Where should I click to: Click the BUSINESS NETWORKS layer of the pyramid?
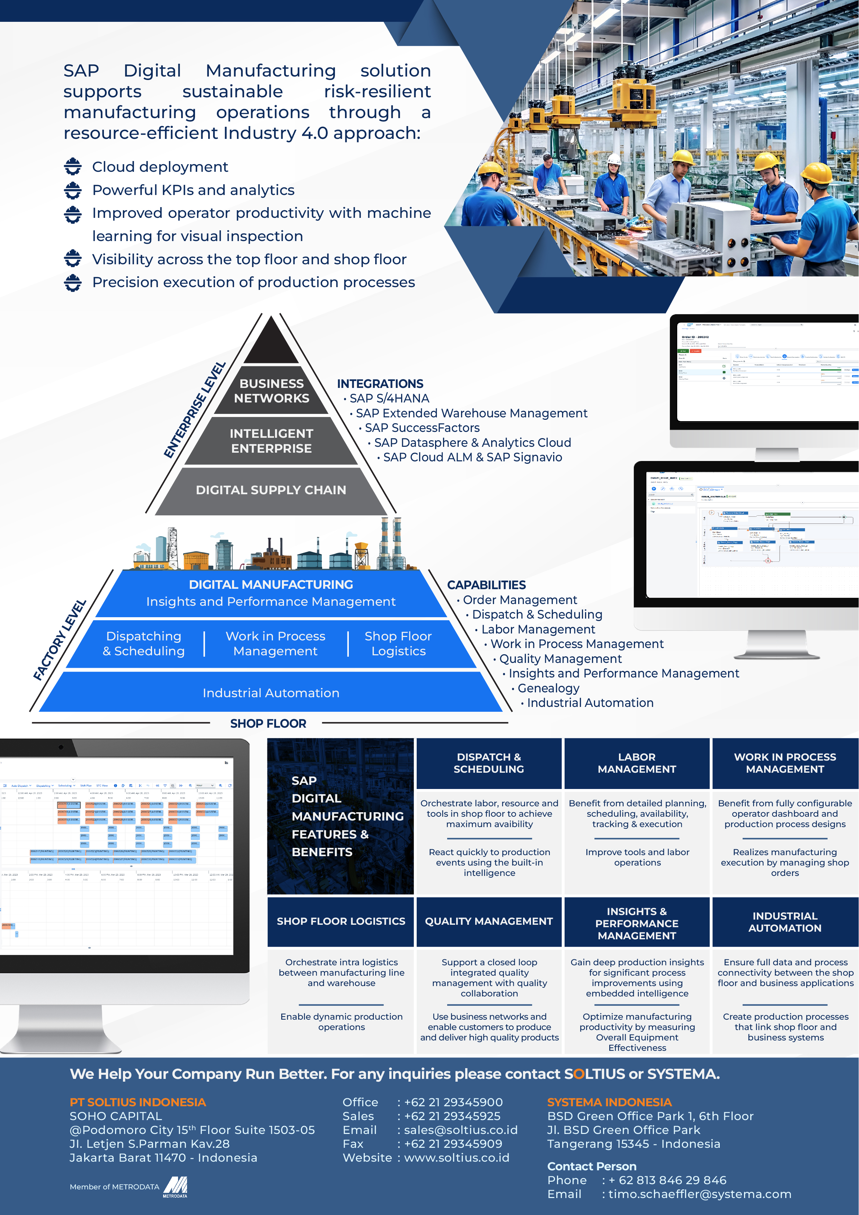[x=272, y=391]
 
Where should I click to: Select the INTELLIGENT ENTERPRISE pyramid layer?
[x=272, y=441]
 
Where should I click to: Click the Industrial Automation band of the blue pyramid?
[x=271, y=693]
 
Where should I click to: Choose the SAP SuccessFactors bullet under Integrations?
[x=422, y=428]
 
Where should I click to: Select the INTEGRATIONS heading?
[x=380, y=384]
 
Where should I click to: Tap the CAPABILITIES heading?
[x=486, y=585]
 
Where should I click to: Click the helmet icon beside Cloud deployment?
[x=73, y=167]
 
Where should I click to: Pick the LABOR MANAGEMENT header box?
[x=637, y=763]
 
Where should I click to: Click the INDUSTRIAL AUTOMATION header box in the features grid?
[x=785, y=922]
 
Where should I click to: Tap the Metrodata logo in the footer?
[x=175, y=1187]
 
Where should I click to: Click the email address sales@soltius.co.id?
[x=460, y=1130]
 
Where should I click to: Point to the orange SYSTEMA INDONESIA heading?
[x=609, y=1102]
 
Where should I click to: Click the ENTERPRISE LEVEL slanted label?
[x=194, y=410]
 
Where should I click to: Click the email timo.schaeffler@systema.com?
[x=699, y=1194]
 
